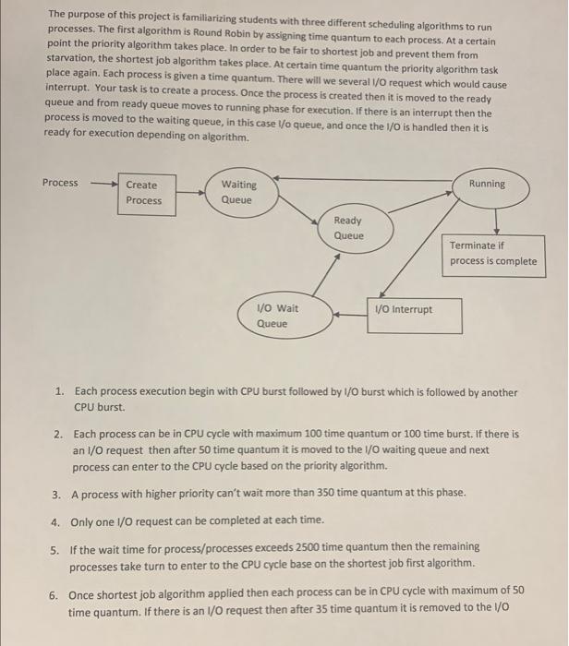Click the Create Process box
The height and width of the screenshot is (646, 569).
(143, 193)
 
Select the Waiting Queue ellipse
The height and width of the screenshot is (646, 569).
(238, 193)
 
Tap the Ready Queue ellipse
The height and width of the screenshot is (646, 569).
(348, 228)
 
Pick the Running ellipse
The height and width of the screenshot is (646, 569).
(487, 185)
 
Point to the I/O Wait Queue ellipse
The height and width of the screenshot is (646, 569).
(272, 316)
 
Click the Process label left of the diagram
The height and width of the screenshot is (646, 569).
(60, 183)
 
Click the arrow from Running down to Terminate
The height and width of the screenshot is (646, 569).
(496, 219)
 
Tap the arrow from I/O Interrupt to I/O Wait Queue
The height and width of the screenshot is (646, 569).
(350, 313)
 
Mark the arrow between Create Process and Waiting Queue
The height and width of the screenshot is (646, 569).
(188, 193)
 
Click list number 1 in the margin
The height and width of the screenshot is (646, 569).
(57, 392)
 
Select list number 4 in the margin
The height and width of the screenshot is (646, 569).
(57, 520)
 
